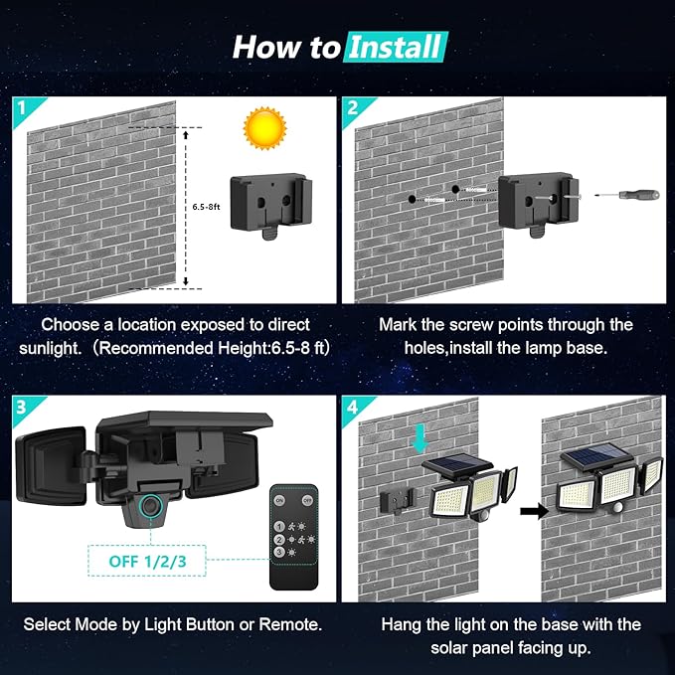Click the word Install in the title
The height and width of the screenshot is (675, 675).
click(396, 46)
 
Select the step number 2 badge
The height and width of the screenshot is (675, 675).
click(352, 108)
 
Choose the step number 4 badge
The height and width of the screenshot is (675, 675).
click(352, 406)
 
